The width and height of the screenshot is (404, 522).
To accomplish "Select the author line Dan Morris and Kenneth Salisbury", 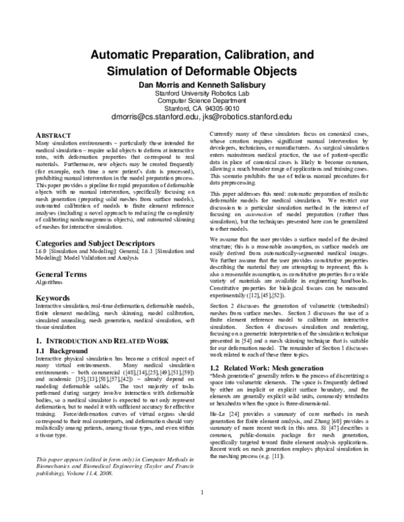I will point(202,84).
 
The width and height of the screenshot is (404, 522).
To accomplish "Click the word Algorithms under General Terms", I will point(48,283).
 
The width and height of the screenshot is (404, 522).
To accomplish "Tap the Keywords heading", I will point(51,297).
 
